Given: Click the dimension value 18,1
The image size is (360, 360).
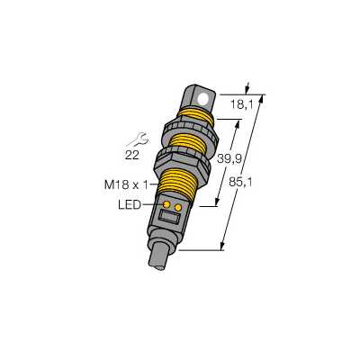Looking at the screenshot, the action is (x=242, y=105).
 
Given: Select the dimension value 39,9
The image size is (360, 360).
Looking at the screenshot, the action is (x=229, y=159).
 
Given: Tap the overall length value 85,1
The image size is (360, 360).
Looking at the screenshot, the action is (x=240, y=182).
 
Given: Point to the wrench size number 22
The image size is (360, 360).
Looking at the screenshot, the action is (x=131, y=155).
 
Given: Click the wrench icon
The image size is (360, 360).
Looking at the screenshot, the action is (x=138, y=139).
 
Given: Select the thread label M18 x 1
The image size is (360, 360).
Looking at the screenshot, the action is (x=126, y=185).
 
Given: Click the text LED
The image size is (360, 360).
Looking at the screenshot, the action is (x=130, y=205).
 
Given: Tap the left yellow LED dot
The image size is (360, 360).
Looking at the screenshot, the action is (x=166, y=204).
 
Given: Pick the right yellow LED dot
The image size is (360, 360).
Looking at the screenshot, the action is (x=178, y=207).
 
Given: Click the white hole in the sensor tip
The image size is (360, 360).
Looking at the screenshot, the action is (x=204, y=99).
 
